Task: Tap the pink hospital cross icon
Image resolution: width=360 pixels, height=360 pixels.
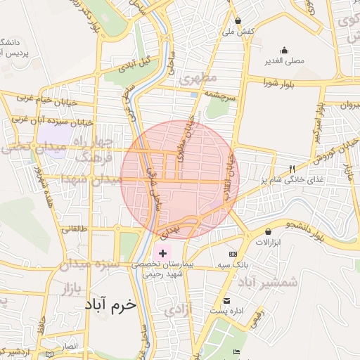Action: click(x=163, y=252)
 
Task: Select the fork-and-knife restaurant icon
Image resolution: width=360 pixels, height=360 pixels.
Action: click(x=292, y=169)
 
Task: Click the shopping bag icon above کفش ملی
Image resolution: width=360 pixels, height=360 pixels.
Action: click(x=238, y=20)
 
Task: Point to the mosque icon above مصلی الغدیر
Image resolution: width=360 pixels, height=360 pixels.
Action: click(x=284, y=50)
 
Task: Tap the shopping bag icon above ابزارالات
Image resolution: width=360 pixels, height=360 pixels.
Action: click(x=268, y=231)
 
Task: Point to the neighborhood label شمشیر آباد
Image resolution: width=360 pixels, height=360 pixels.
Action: click(x=268, y=282)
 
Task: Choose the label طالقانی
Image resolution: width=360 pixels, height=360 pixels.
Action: click(x=75, y=229)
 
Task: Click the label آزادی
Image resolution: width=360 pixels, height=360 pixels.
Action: click(x=177, y=309)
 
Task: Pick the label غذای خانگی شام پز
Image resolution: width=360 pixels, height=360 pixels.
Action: click(x=295, y=180)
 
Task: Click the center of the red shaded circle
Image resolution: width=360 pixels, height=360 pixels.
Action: click(x=180, y=179)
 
